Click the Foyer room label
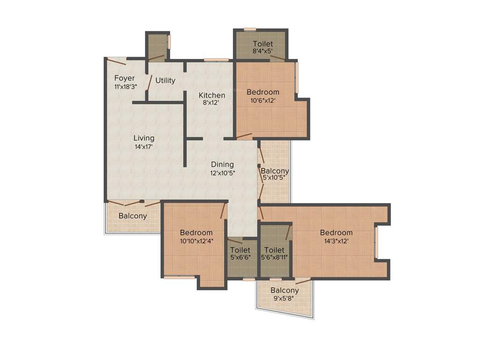click(124, 78)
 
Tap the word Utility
click(165, 81)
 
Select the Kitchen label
click(212, 95)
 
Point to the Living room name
click(144, 138)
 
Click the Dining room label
click(222, 165)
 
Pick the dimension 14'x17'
click(143, 147)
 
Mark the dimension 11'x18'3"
click(125, 87)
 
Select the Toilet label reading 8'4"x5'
click(262, 44)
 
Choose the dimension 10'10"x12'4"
click(196, 241)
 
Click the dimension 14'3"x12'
click(336, 241)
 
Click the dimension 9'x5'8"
click(284, 299)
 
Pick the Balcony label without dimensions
click(133, 217)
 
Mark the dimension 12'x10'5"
click(222, 173)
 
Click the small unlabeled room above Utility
click(157, 46)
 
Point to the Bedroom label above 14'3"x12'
click(336, 233)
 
